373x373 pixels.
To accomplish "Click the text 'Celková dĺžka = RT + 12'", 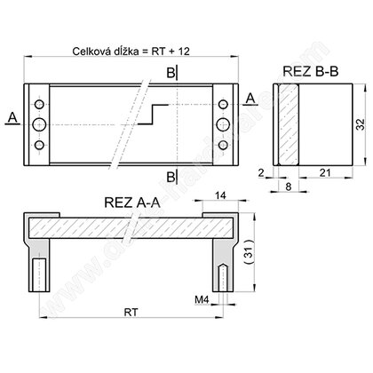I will (x=131, y=52).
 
